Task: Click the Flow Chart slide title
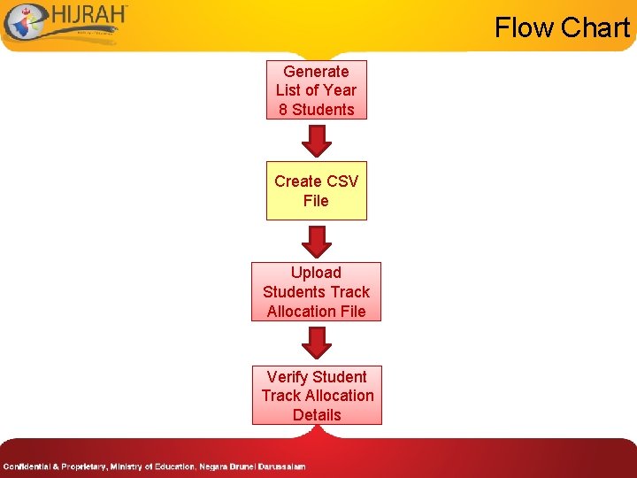562,27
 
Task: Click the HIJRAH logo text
89,17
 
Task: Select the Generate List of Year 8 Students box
316,90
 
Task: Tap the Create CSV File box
316,190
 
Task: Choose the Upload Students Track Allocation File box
316,291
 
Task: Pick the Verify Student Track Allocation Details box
317,395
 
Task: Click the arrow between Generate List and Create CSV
316,140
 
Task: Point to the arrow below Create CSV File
316,241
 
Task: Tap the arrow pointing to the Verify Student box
316,343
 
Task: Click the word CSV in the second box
342,181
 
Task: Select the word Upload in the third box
316,273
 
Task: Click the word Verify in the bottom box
290,376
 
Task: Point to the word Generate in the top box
316,72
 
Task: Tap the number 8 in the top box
283,110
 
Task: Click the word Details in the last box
317,414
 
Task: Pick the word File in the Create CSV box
316,201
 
